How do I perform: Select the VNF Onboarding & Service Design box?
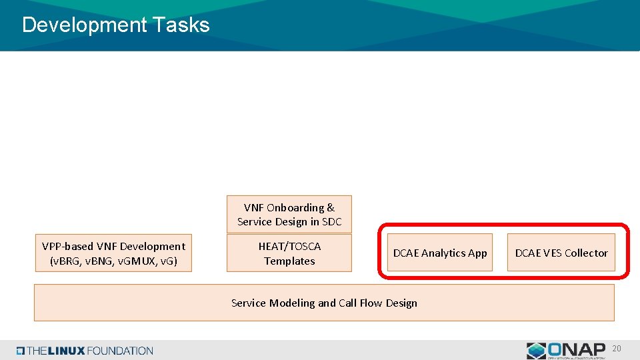point(289,214)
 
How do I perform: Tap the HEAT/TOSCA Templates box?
point(289,253)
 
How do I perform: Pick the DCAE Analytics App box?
point(440,253)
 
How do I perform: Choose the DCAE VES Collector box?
point(561,253)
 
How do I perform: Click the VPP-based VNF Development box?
point(113,253)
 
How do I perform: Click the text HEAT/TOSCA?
point(289,246)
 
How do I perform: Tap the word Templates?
point(289,261)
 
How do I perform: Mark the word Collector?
point(586,253)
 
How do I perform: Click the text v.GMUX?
point(135,261)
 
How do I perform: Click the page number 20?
point(617,349)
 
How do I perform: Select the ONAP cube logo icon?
point(537,351)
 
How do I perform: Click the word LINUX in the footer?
point(67,351)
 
